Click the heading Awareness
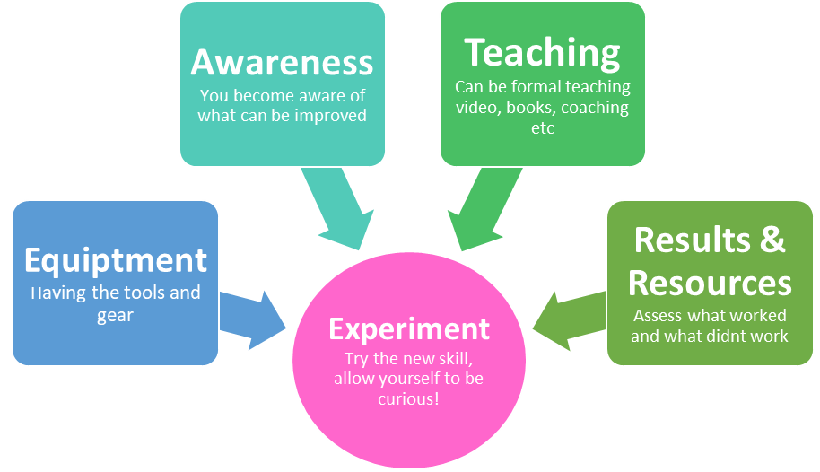click(282, 63)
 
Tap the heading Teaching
click(542, 54)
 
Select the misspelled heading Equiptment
click(116, 260)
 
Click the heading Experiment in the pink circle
click(409, 329)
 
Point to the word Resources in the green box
click(710, 283)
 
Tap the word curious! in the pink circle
click(408, 398)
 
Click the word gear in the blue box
click(115, 315)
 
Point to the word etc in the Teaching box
click(543, 128)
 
